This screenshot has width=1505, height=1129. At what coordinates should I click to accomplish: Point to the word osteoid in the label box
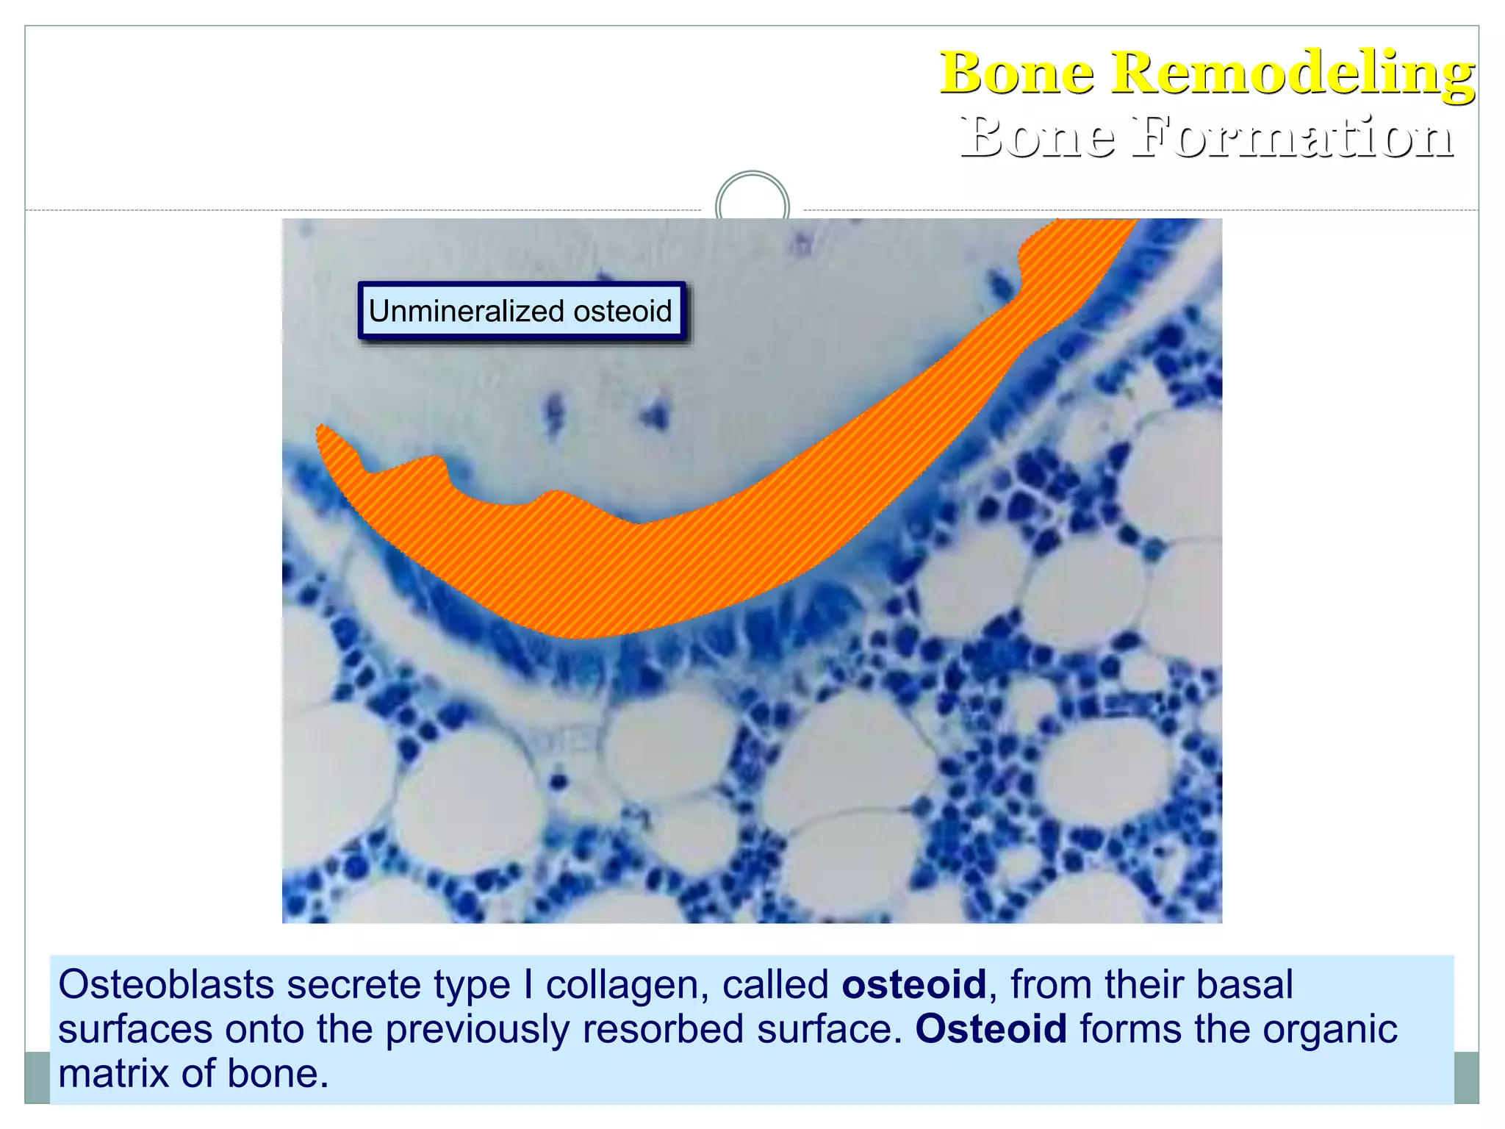(622, 312)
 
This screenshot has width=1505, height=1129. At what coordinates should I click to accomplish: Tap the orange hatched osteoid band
(661, 566)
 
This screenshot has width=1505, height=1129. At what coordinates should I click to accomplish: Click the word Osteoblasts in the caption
(166, 985)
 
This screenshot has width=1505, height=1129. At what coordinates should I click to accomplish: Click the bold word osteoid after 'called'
(913, 985)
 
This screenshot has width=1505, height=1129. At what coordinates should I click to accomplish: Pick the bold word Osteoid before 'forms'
(991, 1029)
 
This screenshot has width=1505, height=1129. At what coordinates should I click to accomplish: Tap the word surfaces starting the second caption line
(135, 1029)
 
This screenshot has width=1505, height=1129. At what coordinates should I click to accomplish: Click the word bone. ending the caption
(278, 1074)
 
